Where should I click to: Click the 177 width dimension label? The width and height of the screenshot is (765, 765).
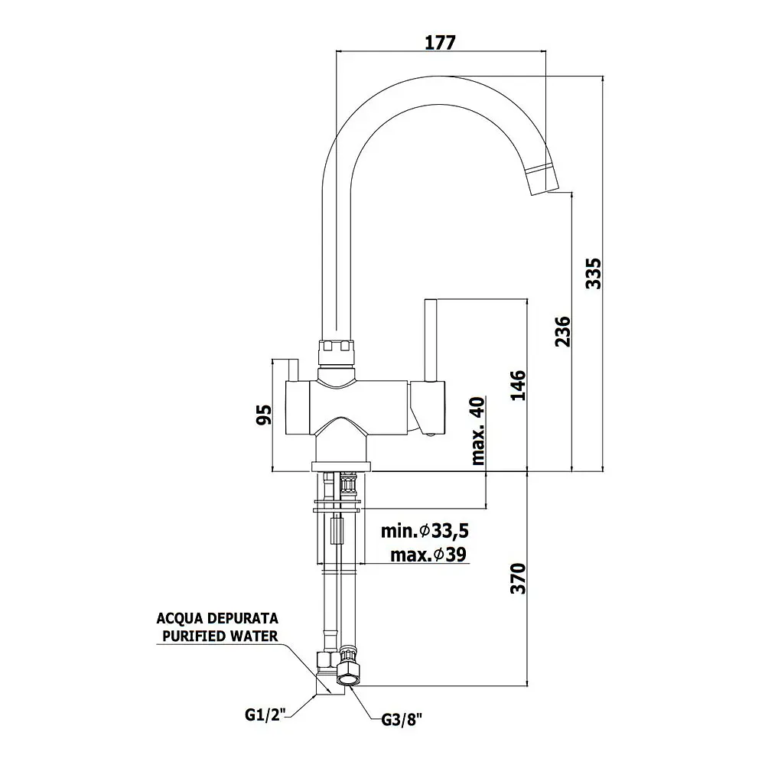tap(440, 42)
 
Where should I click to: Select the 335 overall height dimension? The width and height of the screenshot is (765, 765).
tap(594, 274)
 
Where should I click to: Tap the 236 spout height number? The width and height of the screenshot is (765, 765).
tap(562, 331)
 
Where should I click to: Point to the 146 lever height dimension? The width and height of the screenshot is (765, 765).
tap(518, 386)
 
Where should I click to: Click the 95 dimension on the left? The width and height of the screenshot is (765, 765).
tap(264, 415)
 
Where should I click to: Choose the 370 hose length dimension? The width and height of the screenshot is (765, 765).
tap(518, 578)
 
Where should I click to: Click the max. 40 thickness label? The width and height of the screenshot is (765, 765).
tap(478, 431)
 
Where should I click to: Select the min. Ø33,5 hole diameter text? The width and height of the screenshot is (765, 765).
tap(425, 530)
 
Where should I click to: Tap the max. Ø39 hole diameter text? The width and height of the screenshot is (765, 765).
tap(428, 554)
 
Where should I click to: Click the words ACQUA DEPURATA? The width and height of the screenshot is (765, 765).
tap(217, 618)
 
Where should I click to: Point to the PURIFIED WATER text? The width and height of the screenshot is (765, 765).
tap(220, 636)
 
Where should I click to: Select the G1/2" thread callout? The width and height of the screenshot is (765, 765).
tap(264, 715)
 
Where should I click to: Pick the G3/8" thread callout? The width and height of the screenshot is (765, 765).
tap(402, 720)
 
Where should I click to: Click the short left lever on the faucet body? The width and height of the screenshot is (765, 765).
tap(293, 370)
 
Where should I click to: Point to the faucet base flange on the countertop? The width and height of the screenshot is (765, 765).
tap(341, 467)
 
